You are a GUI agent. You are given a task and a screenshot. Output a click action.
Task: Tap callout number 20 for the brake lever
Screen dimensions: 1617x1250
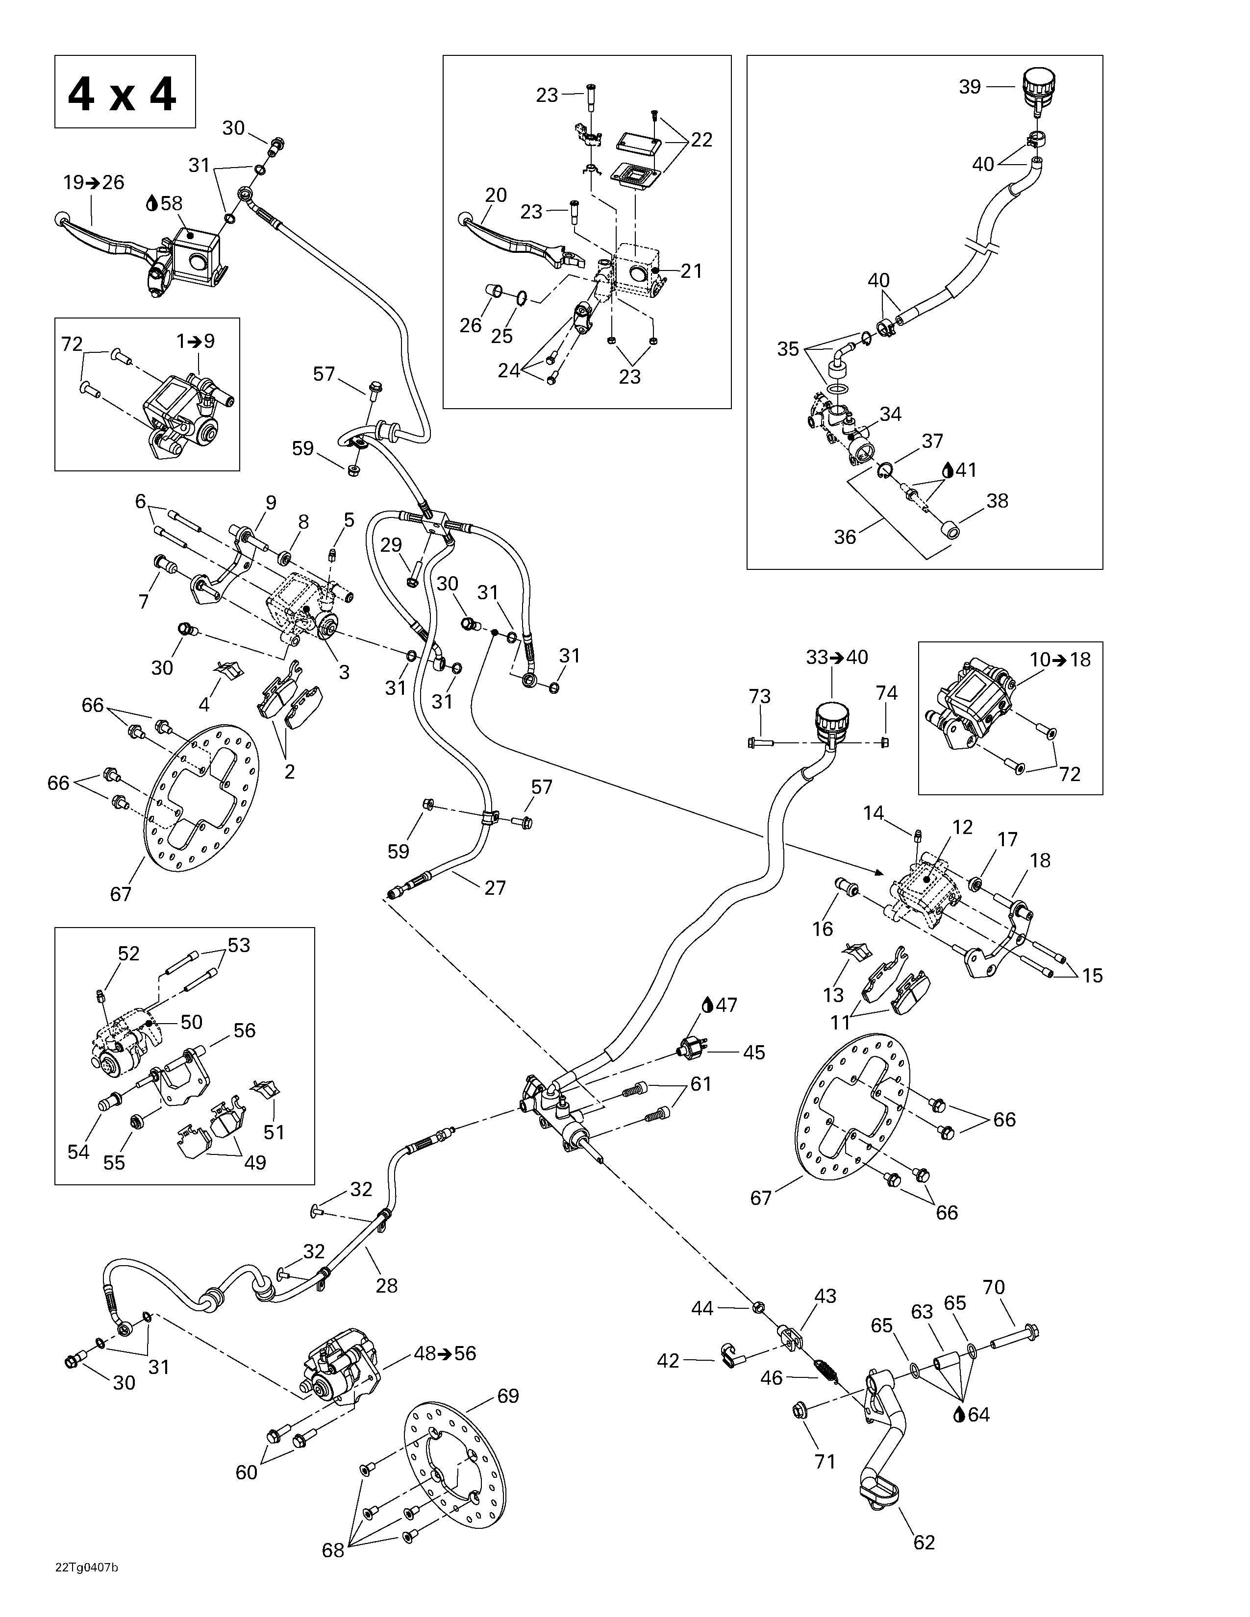[x=496, y=195]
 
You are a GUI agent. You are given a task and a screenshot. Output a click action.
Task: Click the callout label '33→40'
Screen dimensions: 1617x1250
[x=837, y=657]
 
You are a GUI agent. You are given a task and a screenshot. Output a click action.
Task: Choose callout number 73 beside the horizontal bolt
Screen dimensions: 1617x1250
[x=760, y=696]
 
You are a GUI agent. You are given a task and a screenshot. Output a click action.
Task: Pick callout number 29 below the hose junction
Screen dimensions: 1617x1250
[x=391, y=545]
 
